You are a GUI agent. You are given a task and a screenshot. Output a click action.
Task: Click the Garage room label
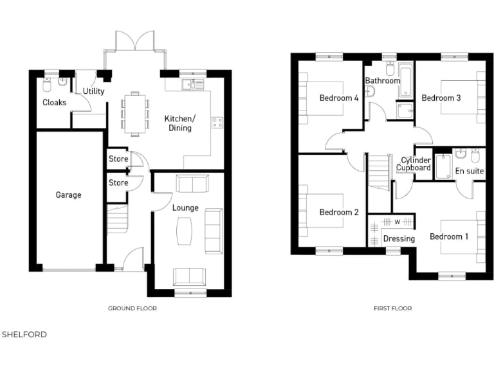(68, 195)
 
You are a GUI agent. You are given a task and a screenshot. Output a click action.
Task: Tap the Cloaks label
(54, 102)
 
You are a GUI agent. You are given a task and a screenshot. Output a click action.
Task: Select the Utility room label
(93, 91)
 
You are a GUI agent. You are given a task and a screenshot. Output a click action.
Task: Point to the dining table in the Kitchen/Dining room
(135, 114)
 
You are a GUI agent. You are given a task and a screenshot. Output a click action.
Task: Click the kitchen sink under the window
(192, 84)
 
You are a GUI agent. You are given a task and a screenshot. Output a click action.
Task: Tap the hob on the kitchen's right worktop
(217, 122)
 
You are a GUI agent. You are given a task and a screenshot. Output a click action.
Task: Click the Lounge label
(185, 207)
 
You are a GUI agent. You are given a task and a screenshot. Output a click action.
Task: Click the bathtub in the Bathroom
(405, 80)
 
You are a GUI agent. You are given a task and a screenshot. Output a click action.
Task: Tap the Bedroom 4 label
(339, 98)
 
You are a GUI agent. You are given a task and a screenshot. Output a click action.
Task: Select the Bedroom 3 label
(441, 98)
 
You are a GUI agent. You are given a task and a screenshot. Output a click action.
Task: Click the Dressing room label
(399, 238)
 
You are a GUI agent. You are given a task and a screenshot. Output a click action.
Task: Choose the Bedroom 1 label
(449, 236)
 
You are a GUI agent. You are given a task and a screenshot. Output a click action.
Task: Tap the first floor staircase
(379, 173)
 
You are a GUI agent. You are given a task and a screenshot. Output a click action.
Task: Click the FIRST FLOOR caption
(392, 308)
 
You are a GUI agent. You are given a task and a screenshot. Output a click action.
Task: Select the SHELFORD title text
(24, 335)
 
